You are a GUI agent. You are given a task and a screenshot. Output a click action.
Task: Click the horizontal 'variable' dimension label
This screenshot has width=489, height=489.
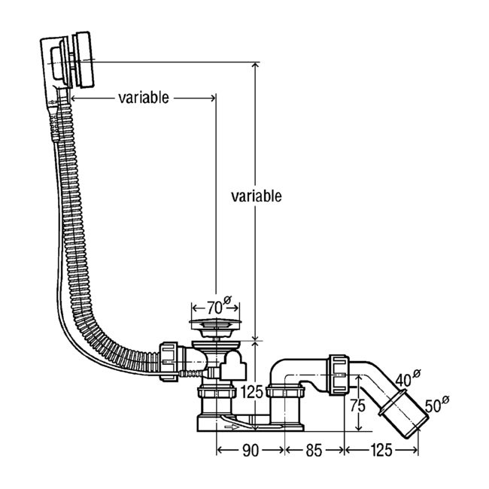point(143,98)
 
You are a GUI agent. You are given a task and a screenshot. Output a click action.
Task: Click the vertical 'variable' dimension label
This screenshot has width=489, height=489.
point(256,196)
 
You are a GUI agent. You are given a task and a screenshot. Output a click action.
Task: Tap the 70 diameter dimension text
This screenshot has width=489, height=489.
point(214,307)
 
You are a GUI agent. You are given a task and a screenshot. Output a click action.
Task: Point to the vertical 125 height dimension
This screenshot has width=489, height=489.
point(254,390)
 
